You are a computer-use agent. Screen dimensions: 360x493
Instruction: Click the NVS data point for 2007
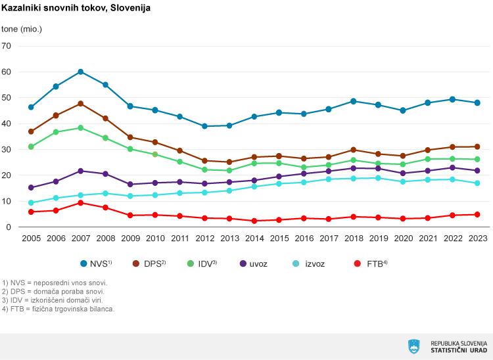[80, 72]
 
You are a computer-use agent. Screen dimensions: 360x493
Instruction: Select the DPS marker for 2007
[80, 104]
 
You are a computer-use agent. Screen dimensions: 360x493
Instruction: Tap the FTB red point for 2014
[254, 221]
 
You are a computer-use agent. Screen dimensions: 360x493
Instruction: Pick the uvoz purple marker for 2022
[453, 168]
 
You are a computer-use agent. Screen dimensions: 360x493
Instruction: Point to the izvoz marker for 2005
[31, 203]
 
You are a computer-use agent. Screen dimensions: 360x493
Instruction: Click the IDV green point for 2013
[229, 171]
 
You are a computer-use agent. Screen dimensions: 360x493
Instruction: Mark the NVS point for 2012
[204, 126]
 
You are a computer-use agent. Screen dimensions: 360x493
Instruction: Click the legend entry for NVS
[95, 263]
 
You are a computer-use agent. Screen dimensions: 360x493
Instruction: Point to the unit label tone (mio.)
[22, 29]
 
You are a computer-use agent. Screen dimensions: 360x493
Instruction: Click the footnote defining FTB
[59, 309]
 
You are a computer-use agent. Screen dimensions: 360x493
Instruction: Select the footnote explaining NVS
[55, 283]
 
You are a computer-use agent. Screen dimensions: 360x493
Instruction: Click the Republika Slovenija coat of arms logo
[414, 346]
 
